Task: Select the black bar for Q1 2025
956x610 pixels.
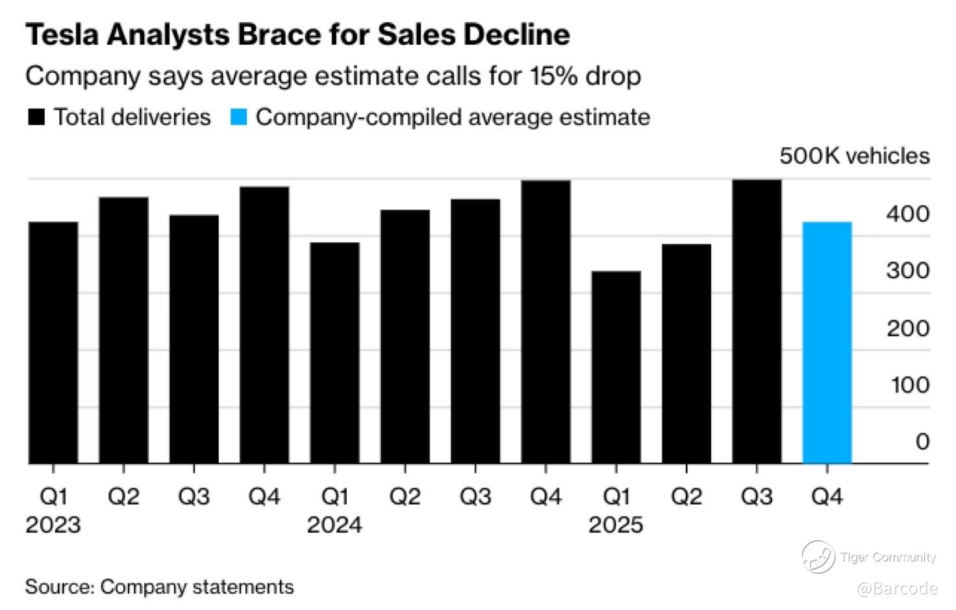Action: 616,367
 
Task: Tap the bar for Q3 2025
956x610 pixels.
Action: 757,322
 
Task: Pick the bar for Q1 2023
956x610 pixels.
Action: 53,342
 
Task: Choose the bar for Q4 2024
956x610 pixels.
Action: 546,322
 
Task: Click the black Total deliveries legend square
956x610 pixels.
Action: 36,118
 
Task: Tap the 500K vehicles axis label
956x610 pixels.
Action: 854,156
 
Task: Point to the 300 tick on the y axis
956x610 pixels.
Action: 907,270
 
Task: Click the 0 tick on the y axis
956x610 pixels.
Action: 922,442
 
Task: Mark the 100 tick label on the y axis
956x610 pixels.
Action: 909,385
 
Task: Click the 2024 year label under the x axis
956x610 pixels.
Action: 334,524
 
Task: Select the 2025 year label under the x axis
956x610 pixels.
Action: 616,524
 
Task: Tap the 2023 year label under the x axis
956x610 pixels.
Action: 53,524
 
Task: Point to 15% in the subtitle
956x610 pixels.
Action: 553,76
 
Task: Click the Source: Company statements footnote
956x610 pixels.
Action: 159,587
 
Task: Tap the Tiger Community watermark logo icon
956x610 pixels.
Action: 818,557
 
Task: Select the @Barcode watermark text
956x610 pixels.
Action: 897,589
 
